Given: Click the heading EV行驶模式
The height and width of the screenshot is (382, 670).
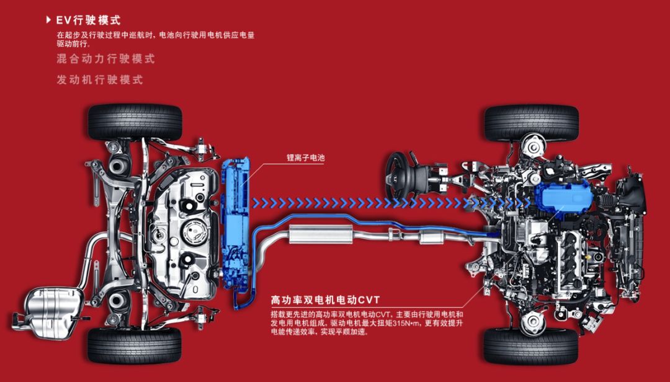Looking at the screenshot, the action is point(89,20).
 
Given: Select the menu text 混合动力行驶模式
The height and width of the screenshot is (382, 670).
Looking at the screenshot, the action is point(105,58).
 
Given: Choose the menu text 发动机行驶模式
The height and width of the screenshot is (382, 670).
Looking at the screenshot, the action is point(99,79).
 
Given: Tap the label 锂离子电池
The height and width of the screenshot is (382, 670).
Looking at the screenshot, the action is point(305,158).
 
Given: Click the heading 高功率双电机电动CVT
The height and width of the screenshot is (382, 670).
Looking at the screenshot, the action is point(325,300).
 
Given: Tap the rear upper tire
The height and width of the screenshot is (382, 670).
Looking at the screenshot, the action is point(135,122).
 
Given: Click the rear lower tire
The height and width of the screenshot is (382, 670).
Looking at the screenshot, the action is point(135,345).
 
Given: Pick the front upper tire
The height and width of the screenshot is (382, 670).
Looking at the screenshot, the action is point(531,123).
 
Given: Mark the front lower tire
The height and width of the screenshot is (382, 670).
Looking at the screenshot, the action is point(530,346).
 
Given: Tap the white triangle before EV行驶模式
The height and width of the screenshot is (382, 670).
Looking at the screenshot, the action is point(48,20).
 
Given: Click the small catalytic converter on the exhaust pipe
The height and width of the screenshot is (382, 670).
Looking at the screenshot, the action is point(431,236).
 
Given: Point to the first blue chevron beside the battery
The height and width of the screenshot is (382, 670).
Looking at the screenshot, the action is point(256,203).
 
